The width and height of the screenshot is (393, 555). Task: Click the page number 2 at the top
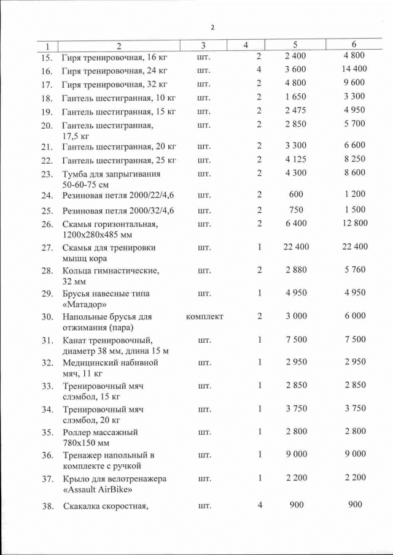coord(212,28)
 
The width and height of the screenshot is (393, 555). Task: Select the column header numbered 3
coord(203,45)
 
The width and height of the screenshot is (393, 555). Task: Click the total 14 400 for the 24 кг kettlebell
coord(354,69)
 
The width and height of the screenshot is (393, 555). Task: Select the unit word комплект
coord(204,316)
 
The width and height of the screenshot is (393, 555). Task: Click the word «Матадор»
coord(85,304)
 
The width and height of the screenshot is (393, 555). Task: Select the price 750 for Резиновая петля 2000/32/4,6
coord(295,209)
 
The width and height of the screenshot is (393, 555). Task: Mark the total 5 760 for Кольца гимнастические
coord(354,270)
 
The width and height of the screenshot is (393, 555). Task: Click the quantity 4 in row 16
coord(259,69)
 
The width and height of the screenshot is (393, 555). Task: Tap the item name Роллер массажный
coord(99,432)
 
